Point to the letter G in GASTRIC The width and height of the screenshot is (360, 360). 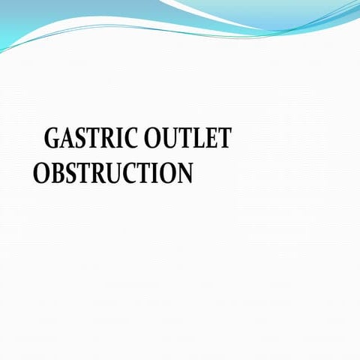53,139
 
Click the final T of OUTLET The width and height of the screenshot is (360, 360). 223,139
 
